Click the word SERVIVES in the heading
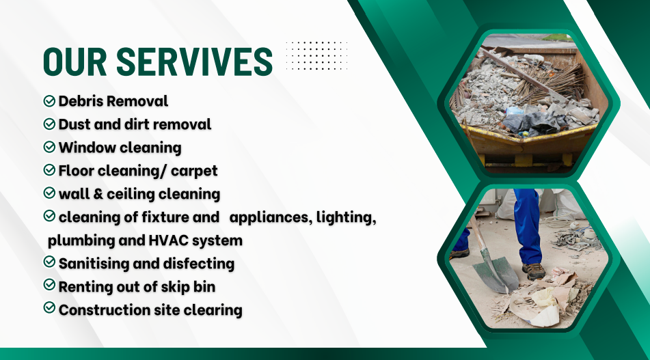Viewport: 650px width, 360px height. point(194,61)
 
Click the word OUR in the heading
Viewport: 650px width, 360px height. point(75,61)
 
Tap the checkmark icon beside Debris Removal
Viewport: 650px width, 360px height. point(49,100)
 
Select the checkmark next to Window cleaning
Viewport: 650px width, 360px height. point(49,147)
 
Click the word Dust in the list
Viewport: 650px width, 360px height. point(75,124)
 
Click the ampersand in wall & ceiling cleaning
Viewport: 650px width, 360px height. point(98,194)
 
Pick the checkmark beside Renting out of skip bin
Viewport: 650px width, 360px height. point(49,285)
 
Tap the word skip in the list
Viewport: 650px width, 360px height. point(176,287)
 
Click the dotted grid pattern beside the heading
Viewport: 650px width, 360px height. point(316,55)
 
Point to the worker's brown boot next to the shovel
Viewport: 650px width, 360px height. point(534,271)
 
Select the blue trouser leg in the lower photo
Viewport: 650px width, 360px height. point(527,226)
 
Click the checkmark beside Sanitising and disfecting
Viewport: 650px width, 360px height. point(49,262)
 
